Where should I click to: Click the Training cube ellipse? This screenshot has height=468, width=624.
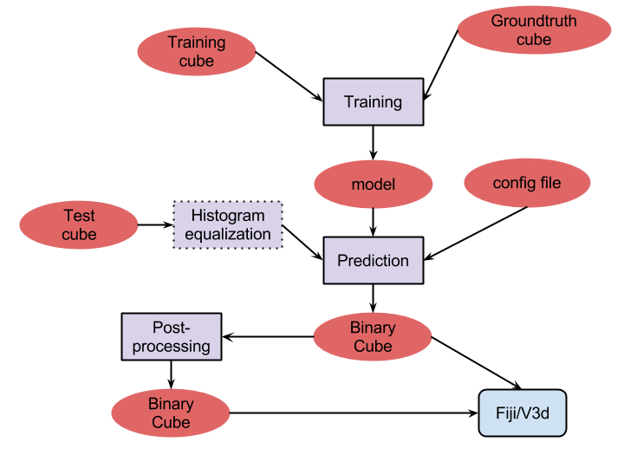pos(197,51)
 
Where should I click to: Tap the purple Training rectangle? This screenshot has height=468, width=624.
pos(374,102)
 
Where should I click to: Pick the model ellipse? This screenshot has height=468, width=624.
pos(374,185)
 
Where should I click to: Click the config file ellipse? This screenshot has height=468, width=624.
pos(527,183)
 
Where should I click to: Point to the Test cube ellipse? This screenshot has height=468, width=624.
pos(79,224)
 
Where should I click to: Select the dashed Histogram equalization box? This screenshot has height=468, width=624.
pos(228,225)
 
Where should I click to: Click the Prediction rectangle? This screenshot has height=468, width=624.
pos(374,261)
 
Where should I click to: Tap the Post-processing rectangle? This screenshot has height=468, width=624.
pos(172,337)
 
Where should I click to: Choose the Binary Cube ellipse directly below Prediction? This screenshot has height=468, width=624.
pos(373,337)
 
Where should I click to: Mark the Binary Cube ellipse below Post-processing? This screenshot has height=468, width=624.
pos(171,413)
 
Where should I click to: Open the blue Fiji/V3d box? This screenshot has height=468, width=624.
pos(523,413)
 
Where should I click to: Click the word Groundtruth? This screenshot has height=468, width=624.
pos(534,21)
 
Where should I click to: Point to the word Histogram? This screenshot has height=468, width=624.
pos(228,216)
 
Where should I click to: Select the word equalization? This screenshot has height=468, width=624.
pos(228,235)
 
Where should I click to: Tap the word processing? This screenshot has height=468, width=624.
pos(172,347)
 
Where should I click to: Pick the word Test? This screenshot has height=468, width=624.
pos(79,215)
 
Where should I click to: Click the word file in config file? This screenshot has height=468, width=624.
pos(550,183)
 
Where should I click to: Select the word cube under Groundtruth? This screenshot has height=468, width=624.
pos(534,40)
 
